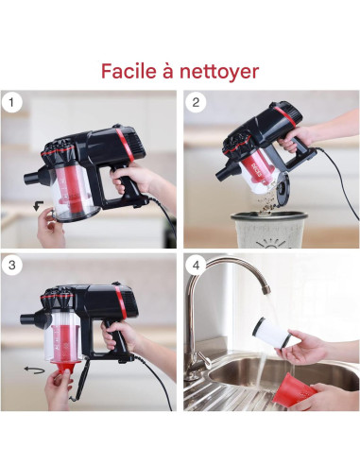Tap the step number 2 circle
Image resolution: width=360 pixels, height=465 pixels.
pos(197,102)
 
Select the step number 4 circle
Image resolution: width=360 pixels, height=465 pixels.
pos(197,265)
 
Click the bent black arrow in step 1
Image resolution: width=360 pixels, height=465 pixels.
pos(35,203)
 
